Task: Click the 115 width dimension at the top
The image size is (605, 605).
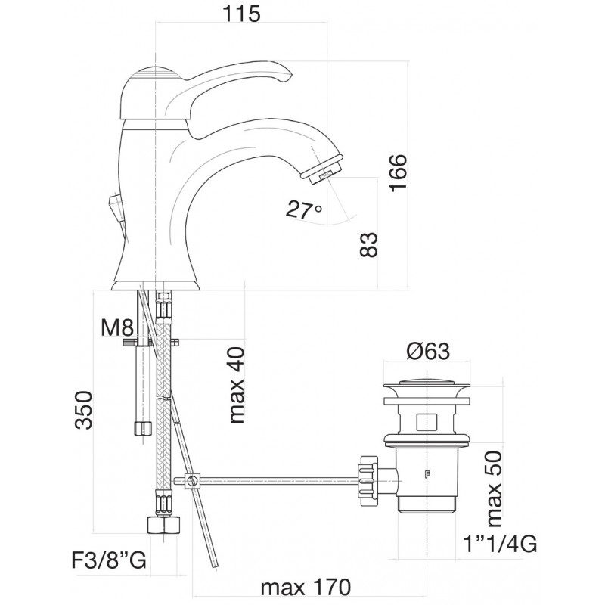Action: tap(241, 14)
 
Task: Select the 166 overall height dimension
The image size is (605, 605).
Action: tap(398, 173)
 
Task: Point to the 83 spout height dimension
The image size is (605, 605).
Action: tap(368, 244)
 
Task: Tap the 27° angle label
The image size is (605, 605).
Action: tap(304, 210)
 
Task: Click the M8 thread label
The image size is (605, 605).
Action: tap(117, 328)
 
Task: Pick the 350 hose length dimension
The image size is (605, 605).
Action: tap(84, 410)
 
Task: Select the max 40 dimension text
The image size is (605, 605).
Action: tap(237, 385)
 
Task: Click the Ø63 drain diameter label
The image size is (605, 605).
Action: tap(428, 352)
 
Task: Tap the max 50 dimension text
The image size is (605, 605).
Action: tap(495, 489)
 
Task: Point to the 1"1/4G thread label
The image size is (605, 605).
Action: tap(500, 544)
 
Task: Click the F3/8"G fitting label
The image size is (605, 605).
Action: tap(109, 560)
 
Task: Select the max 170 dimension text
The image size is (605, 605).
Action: tap(306, 588)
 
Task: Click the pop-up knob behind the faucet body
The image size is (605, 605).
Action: tap(116, 204)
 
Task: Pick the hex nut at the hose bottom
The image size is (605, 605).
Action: tap(164, 525)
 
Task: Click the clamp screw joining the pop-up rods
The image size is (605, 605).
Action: tap(193, 481)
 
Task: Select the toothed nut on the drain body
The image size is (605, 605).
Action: tap(368, 480)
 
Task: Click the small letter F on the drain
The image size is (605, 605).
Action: tap(427, 475)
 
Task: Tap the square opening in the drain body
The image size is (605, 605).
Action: tap(427, 421)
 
